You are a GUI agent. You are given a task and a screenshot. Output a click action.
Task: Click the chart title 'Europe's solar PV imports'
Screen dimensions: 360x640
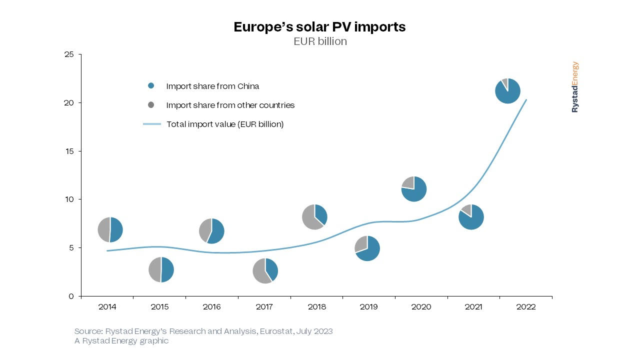[319, 27]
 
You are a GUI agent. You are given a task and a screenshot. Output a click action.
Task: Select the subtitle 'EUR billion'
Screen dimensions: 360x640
[320, 41]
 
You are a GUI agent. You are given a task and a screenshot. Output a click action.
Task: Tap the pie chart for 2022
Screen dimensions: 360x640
[507, 91]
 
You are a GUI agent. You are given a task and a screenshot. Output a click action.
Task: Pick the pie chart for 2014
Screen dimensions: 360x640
[110, 230]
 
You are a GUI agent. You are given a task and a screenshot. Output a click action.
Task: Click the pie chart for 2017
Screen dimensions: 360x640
[265, 271]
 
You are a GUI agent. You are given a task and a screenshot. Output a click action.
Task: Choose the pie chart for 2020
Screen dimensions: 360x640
[413, 189]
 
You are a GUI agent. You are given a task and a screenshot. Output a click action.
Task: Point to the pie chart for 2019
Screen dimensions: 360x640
[367, 248]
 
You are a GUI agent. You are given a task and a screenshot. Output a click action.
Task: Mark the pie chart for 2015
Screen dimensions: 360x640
[161, 269]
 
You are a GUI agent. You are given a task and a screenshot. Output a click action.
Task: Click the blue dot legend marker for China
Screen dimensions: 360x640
[151, 86]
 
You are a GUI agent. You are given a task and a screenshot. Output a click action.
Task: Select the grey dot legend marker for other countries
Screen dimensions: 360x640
[151, 105]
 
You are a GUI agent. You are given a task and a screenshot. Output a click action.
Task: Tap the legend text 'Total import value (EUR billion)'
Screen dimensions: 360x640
[225, 124]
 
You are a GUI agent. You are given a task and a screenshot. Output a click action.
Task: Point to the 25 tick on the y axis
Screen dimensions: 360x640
[69, 54]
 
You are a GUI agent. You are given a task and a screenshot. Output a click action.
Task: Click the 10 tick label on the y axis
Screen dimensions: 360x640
[69, 199]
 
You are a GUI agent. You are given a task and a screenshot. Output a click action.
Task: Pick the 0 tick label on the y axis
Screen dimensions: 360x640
[71, 296]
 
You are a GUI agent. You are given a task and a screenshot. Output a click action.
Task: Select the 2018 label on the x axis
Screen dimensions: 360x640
[316, 307]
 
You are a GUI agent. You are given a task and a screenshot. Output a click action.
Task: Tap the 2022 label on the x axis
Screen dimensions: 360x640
[526, 307]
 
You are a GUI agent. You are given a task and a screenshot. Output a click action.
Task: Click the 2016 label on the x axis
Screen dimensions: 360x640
[212, 307]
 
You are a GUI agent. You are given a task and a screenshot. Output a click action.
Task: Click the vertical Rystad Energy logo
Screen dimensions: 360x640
[575, 87]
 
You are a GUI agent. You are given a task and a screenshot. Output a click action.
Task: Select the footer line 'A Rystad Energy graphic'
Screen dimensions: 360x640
[121, 341]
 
